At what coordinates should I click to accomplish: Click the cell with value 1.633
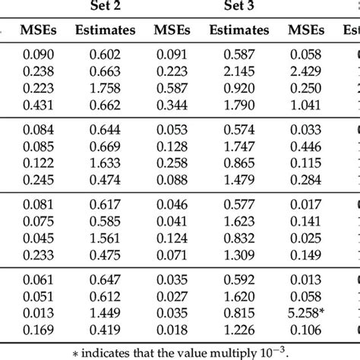(x=105, y=163)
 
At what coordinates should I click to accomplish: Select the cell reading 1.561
(x=105, y=236)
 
